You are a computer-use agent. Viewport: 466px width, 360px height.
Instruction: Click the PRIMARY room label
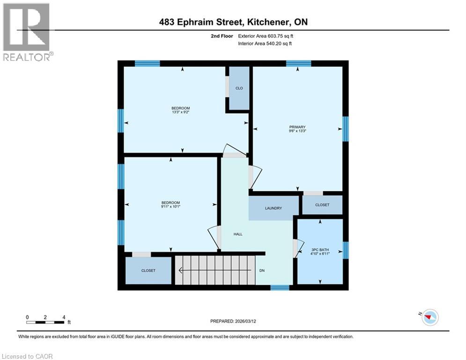point(297,127)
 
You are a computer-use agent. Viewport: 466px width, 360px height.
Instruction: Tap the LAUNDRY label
point(273,208)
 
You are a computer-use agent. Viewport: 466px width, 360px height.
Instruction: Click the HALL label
point(238,234)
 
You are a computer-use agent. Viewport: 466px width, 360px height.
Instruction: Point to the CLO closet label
point(239,88)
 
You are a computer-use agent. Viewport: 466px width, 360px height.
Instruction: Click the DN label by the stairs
point(262,270)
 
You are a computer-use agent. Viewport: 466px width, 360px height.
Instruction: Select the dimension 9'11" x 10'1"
point(170,206)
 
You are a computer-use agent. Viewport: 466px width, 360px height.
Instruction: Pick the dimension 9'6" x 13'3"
point(297,132)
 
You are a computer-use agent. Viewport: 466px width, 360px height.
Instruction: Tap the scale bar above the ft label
point(45,322)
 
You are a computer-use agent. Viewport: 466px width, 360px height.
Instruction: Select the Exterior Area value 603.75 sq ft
point(280,36)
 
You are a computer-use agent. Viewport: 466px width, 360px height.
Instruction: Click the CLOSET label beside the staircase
point(148,270)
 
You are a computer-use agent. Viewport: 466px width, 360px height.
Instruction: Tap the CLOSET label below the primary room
point(322,205)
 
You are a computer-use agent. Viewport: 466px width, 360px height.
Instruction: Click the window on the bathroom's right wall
point(346,250)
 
